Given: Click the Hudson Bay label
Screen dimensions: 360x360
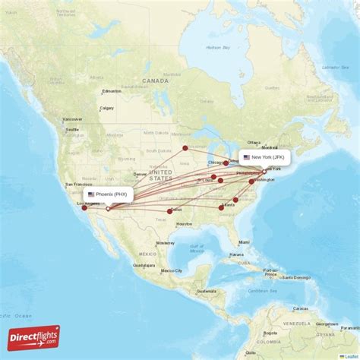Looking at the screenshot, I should (x=216, y=47).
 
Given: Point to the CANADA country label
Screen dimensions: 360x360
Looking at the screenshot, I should (x=155, y=81).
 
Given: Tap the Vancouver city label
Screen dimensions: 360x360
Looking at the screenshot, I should (x=73, y=119).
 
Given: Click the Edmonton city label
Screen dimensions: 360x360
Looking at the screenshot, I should (x=111, y=92).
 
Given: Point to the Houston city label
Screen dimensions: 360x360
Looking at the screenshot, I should (x=185, y=224).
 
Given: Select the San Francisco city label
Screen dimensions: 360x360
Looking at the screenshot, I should (x=77, y=185).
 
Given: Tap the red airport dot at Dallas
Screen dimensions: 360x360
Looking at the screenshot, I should (x=169, y=211).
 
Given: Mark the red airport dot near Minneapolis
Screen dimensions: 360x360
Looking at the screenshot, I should (x=185, y=148).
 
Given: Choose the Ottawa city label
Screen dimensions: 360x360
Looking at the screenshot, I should (x=254, y=143).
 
